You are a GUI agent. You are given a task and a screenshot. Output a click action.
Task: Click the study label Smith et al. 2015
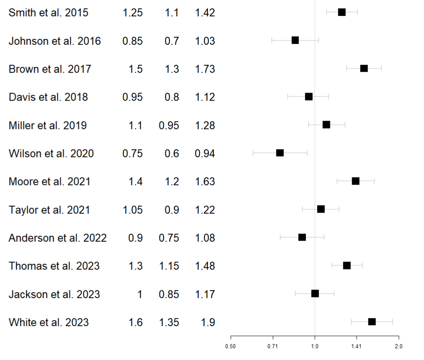tap(48, 13)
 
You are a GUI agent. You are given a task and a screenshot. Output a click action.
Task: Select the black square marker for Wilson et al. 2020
tap(280, 153)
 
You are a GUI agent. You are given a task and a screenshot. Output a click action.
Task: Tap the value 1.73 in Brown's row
tap(205, 69)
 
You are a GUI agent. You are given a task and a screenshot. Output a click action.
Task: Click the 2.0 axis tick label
tap(399, 346)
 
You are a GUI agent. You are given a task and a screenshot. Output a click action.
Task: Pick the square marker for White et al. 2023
tap(372, 322)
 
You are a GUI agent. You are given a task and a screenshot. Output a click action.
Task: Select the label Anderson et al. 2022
tap(58, 238)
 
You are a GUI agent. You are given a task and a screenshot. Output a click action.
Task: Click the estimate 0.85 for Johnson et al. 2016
tap(132, 41)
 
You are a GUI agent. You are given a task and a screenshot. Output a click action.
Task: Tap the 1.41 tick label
tap(356, 346)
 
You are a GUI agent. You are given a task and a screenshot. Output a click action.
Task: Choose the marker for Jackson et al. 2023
tap(315, 294)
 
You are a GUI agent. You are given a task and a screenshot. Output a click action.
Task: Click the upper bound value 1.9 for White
tap(208, 322)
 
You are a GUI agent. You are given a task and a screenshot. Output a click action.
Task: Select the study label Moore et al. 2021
tap(49, 182)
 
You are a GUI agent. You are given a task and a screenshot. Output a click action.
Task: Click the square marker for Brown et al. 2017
tap(364, 68)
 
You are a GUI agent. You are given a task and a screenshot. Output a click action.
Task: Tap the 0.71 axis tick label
tap(273, 346)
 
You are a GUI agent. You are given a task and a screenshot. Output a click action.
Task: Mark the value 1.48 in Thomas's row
tap(205, 266)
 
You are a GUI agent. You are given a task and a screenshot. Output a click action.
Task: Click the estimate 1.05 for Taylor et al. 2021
tap(132, 210)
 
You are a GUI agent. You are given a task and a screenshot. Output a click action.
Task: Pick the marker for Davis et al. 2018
tap(309, 97)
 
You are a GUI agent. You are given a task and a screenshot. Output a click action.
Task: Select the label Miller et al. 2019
tap(48, 125)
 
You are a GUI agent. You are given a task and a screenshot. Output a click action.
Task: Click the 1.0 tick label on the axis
tap(315, 346)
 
